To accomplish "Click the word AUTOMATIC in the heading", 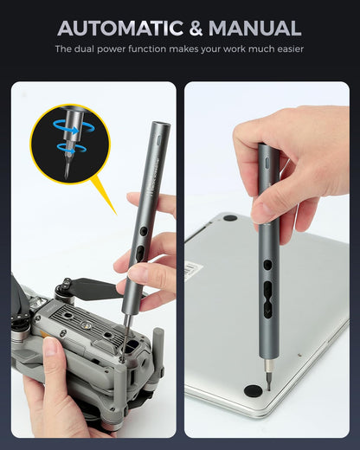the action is coord(120,28).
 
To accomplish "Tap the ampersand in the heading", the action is coord(196,28).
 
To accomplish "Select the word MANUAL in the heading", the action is coord(255,28).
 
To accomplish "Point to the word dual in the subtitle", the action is coord(84,48).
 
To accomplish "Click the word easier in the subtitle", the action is coord(291,48).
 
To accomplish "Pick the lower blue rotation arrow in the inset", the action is coord(72,148).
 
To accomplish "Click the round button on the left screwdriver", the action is coord(144,231).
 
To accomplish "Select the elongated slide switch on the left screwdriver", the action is coord(140,254).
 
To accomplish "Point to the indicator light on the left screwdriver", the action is coord(159,139).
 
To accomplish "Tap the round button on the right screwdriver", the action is coord(267,265).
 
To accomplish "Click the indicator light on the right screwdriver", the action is coord(267,163).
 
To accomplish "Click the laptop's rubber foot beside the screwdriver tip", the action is coord(253,390).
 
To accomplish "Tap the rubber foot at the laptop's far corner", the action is coord(230,218).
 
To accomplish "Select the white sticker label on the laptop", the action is coord(193,269).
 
